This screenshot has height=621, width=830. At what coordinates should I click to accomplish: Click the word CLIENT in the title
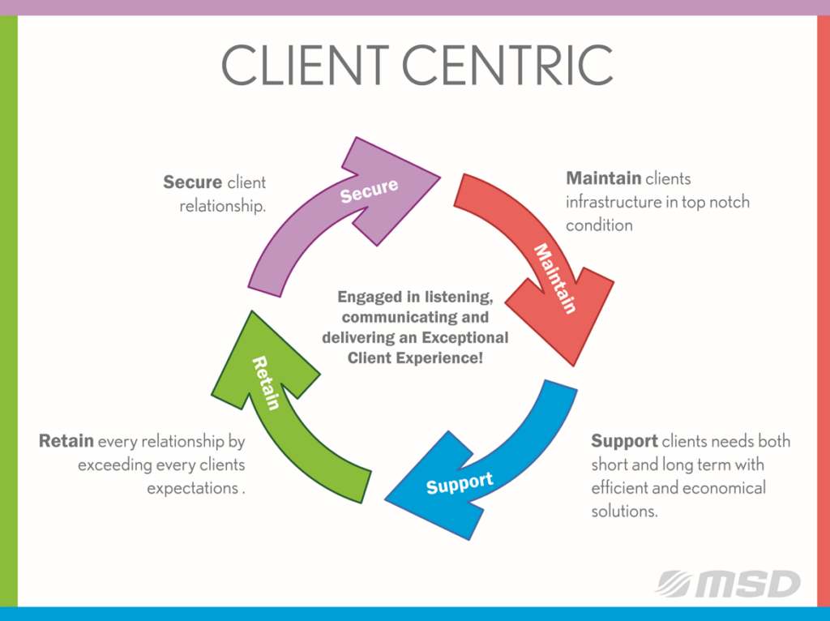click(305, 65)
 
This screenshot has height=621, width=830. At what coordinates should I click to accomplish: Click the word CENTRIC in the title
click(507, 65)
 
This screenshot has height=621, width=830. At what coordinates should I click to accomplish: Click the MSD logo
click(729, 584)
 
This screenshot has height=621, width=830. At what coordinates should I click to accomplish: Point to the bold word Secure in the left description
click(192, 182)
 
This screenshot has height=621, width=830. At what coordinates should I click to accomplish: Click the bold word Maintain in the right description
click(603, 178)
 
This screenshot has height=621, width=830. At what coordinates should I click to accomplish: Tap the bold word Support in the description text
click(625, 441)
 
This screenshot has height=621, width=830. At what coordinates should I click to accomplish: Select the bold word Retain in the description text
click(66, 440)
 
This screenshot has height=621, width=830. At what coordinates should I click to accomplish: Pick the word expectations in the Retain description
click(192, 488)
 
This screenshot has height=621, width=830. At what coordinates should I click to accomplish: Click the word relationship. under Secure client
click(222, 206)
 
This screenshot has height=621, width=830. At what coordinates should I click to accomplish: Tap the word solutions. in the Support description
click(624, 511)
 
